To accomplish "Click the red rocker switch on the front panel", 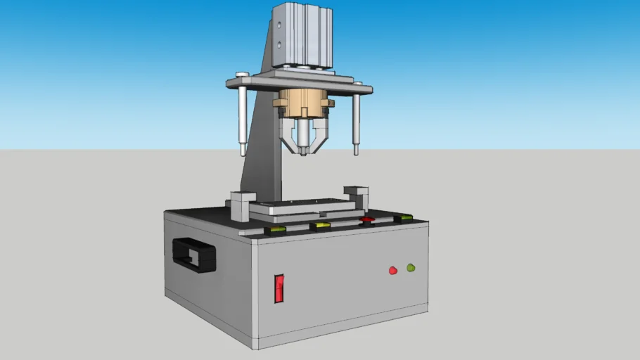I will tap(279, 288).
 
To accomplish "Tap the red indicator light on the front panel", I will tap(393, 270).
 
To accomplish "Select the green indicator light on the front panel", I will tap(411, 267).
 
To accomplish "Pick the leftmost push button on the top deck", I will tap(274, 229).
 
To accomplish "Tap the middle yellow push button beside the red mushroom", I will tap(321, 226).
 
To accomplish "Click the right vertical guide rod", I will tap(357, 124).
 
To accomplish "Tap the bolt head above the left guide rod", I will tap(242, 75).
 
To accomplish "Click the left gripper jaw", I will tap(288, 137).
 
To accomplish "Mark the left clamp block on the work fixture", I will tap(241, 205).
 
